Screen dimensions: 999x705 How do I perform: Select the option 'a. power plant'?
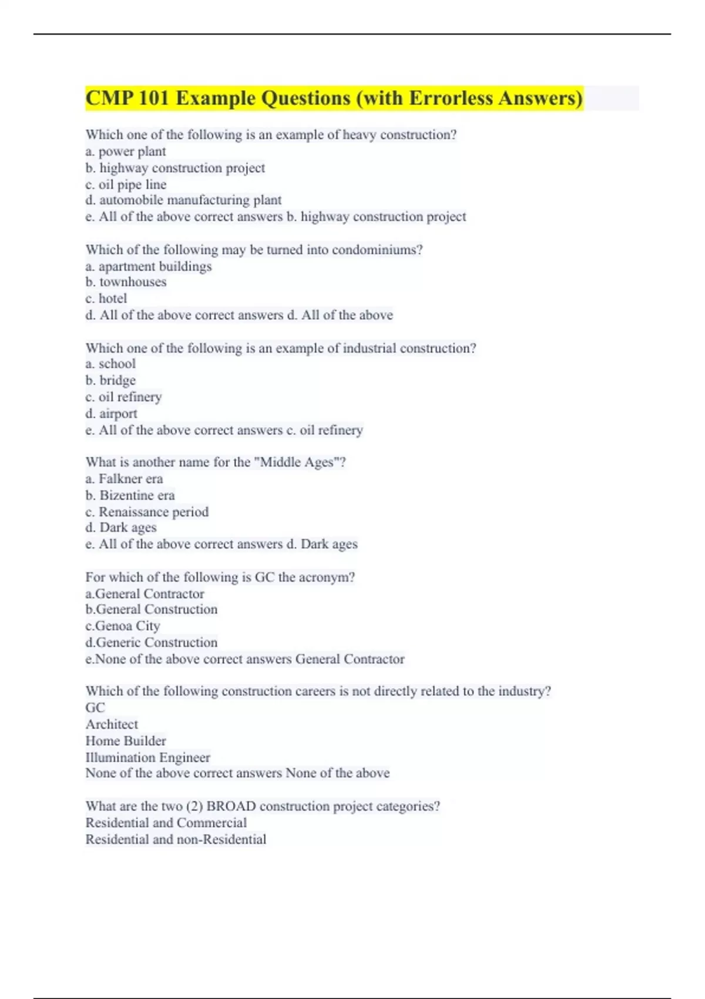[126, 152]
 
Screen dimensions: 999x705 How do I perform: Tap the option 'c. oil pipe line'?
[126, 185]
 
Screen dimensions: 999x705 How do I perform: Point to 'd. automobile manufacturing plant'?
[183, 200]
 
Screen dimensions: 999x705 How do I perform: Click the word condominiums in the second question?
[377, 250]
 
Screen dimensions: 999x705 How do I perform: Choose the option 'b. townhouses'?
[126, 282]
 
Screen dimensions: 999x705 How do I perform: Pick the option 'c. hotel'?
[106, 299]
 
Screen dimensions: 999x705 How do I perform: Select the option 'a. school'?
[110, 364]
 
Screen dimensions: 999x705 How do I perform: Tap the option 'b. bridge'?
[110, 380]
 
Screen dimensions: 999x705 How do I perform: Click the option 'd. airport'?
[111, 414]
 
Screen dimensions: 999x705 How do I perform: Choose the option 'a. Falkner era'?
[124, 479]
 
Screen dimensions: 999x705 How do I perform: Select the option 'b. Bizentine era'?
[130, 495]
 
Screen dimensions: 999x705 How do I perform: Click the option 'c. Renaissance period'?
[147, 512]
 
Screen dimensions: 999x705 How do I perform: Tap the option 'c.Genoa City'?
[123, 626]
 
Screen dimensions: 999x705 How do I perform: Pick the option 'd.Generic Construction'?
[152, 642]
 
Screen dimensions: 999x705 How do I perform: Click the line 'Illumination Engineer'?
[147, 757]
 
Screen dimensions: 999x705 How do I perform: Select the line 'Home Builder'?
[126, 741]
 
